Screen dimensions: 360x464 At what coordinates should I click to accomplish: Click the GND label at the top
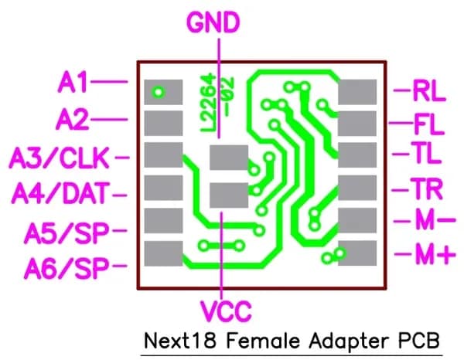pyautogui.click(x=219, y=23)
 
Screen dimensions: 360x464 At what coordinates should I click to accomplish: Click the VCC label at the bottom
pyautogui.click(x=225, y=311)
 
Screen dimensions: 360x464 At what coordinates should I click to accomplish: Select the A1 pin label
pyautogui.click(x=73, y=81)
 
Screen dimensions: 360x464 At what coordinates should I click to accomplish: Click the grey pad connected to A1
pyautogui.click(x=163, y=92)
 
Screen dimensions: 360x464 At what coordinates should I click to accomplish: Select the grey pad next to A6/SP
pyautogui.click(x=163, y=253)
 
